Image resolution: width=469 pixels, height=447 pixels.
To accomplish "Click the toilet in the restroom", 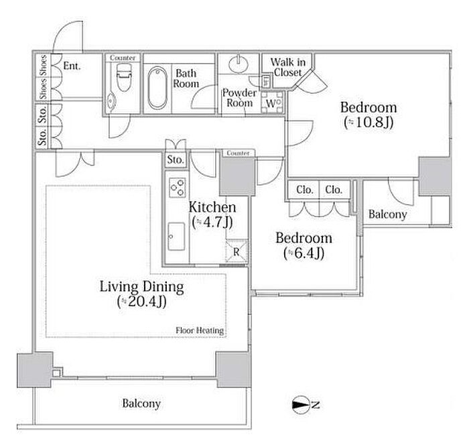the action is (x=123, y=78).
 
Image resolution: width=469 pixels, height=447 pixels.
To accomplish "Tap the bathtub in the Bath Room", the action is (x=157, y=88).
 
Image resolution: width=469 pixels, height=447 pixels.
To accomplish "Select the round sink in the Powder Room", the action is (x=239, y=64).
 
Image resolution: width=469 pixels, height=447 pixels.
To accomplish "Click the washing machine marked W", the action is (x=272, y=102).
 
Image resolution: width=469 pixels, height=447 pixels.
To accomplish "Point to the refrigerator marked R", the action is (x=237, y=251).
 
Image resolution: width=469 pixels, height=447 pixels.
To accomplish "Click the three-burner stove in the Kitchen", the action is (x=177, y=188).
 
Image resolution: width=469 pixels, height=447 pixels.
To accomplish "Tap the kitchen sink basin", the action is (x=176, y=237).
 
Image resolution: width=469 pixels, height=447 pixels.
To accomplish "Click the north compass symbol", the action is (x=306, y=405).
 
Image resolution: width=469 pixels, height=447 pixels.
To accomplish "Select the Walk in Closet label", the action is (x=287, y=67).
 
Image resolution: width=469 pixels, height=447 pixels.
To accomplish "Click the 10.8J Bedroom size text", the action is (x=368, y=122).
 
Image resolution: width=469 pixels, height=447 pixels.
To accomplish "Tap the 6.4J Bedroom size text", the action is (x=304, y=253).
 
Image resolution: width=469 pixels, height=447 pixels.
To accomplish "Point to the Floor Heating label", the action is (x=200, y=330).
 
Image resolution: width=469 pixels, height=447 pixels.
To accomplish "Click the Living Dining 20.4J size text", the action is (x=142, y=302).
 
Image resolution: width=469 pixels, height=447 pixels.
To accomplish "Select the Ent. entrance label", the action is (x=72, y=66).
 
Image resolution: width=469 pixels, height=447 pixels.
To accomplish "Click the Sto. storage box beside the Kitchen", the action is (x=176, y=159).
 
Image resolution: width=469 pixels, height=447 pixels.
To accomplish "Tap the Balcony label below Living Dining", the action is (x=141, y=403).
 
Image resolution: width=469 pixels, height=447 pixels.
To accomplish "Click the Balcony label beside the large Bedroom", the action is (x=388, y=214).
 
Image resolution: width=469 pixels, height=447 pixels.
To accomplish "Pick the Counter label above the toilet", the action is (x=123, y=58).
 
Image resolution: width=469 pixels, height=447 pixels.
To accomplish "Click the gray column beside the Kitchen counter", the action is (x=237, y=176).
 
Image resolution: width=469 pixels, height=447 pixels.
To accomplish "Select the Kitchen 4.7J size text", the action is (x=212, y=222).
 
